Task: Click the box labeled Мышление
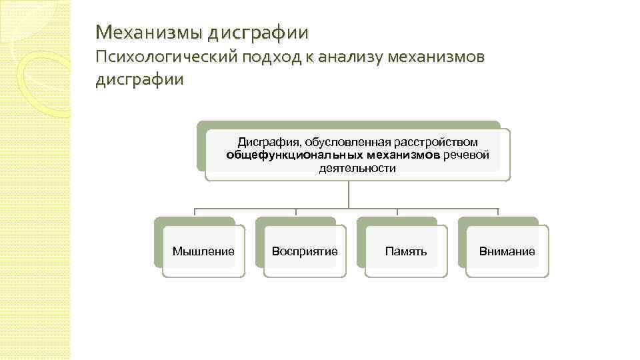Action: (x=203, y=251)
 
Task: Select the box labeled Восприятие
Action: (x=305, y=251)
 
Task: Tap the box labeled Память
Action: (x=406, y=251)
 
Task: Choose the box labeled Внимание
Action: (x=507, y=251)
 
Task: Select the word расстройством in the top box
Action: (x=436, y=142)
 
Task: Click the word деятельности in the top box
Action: (x=357, y=169)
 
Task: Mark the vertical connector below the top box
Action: (x=349, y=195)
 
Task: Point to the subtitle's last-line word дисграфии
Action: (x=139, y=80)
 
